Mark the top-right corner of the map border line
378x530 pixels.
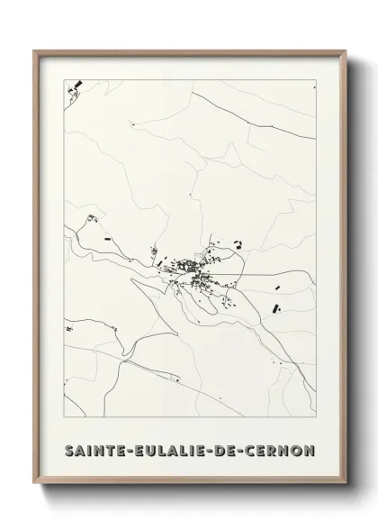[x=318, y=79]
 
